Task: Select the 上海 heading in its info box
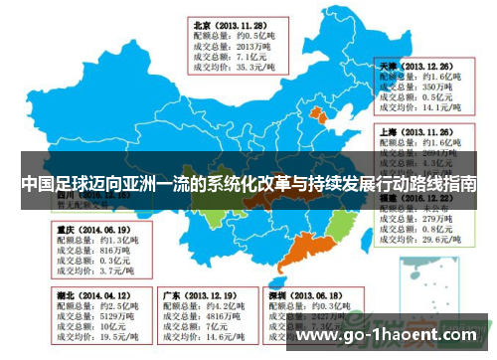pos(388,130)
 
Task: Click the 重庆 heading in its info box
pos(64,228)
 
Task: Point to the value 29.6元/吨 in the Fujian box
pos(430,240)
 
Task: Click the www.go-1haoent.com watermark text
pos(392,337)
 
